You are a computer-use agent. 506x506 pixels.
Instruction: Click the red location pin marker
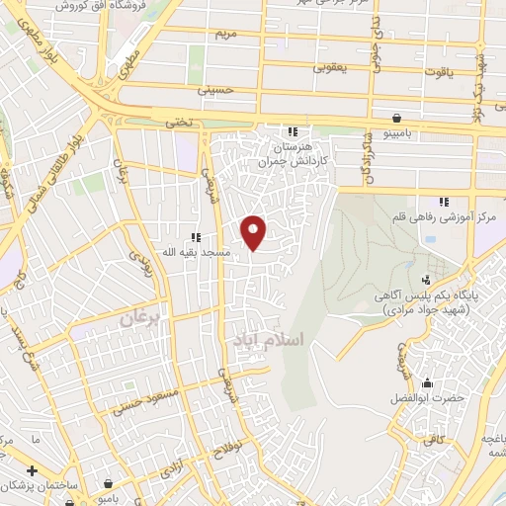(255, 231)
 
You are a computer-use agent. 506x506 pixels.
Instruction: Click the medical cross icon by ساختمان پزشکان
(32, 470)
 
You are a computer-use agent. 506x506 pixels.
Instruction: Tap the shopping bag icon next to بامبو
(104, 484)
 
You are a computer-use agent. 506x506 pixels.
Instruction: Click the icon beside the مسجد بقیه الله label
(196, 237)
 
